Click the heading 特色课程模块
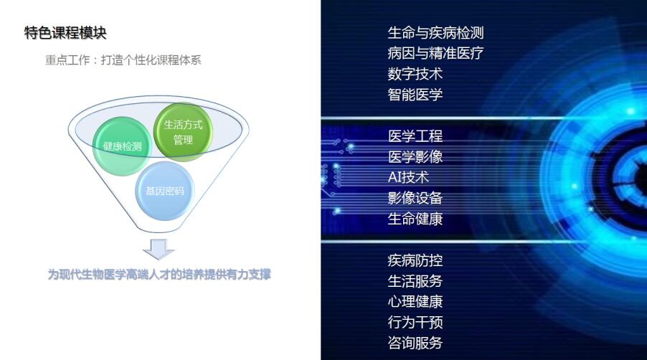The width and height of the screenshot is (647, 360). click(x=65, y=32)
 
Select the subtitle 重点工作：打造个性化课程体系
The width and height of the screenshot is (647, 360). click(x=123, y=60)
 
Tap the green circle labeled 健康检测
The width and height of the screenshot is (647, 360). click(x=122, y=146)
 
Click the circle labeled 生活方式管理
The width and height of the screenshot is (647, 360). click(x=183, y=132)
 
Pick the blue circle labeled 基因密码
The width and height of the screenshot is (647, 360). click(x=165, y=191)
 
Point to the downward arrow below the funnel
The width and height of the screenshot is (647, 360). click(x=159, y=249)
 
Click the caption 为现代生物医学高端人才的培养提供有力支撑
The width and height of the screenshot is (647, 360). click(x=159, y=274)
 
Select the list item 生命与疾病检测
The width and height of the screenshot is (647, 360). click(x=435, y=32)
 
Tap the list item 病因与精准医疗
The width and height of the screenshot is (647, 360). click(x=435, y=53)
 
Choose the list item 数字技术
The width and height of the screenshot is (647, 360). click(x=415, y=74)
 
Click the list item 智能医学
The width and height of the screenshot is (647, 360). click(x=415, y=95)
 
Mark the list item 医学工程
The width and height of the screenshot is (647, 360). click(x=415, y=136)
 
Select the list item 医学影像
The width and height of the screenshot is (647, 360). click(x=415, y=157)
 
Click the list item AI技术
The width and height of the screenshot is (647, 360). click(x=409, y=177)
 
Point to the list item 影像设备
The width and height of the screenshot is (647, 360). click(x=415, y=198)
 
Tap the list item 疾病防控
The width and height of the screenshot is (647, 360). click(x=415, y=260)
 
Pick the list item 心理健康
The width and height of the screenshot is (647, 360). click(x=415, y=302)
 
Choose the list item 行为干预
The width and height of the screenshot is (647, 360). click(x=415, y=323)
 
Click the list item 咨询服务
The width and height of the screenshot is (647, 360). click(x=415, y=343)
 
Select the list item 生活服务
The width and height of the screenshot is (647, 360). click(x=415, y=281)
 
